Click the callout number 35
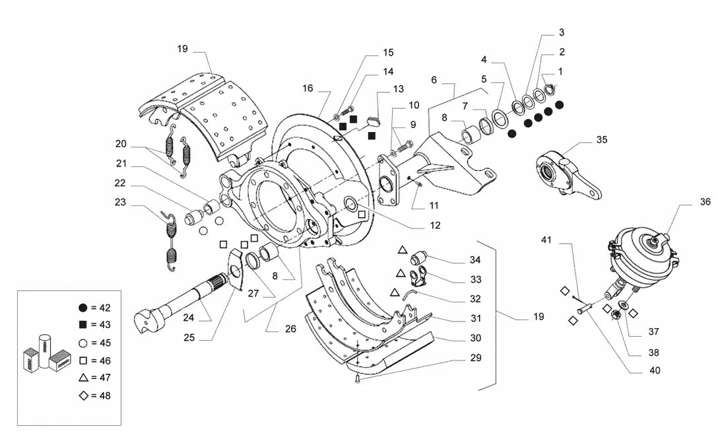[601, 139]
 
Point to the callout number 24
[189, 318]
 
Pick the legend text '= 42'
[101, 308]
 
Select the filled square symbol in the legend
[83, 324]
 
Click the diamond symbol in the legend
[83, 395]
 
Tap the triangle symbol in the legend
[83, 378]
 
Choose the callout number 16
[308, 88]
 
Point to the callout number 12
[435, 225]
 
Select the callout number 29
[475, 358]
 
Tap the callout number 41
[546, 240]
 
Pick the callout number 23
[120, 202]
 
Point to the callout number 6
[434, 80]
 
